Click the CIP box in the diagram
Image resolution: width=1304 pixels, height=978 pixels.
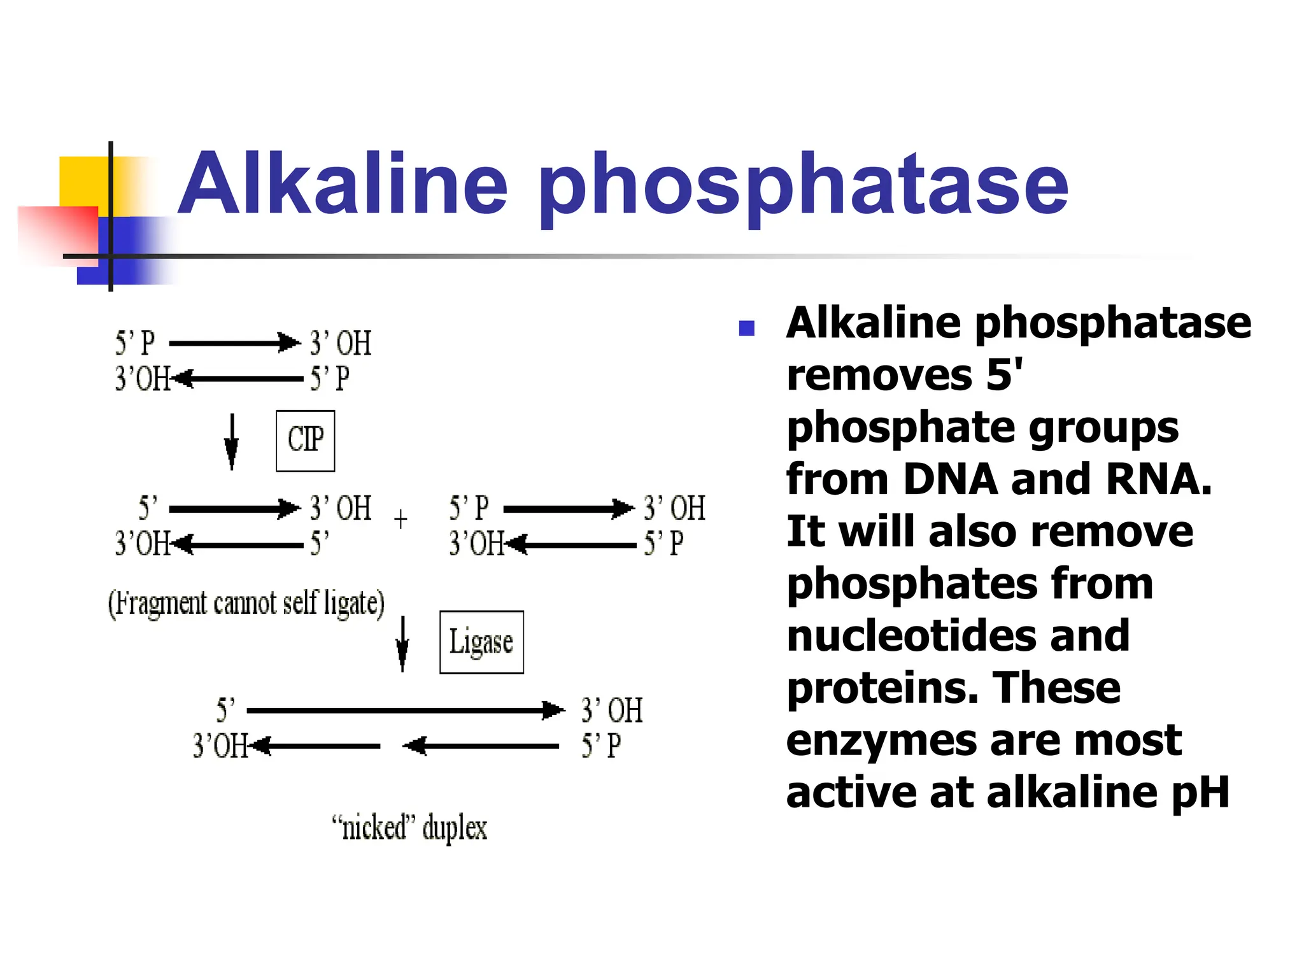305,440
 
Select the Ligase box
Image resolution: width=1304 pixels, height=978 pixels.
481,642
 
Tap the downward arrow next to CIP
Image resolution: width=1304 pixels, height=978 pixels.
232,442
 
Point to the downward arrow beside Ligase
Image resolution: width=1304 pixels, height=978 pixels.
402,643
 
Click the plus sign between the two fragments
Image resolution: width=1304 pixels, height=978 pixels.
400,520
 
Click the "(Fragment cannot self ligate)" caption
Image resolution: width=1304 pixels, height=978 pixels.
246,603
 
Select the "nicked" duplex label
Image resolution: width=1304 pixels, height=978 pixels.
409,828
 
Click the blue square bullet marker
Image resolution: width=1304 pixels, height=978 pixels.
746,328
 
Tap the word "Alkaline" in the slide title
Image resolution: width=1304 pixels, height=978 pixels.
343,185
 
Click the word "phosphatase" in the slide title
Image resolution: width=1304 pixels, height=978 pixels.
804,188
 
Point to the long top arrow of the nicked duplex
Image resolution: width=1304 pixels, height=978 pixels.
405,710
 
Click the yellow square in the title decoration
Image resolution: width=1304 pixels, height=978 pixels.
83,181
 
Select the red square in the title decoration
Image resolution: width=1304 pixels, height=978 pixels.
57,234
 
